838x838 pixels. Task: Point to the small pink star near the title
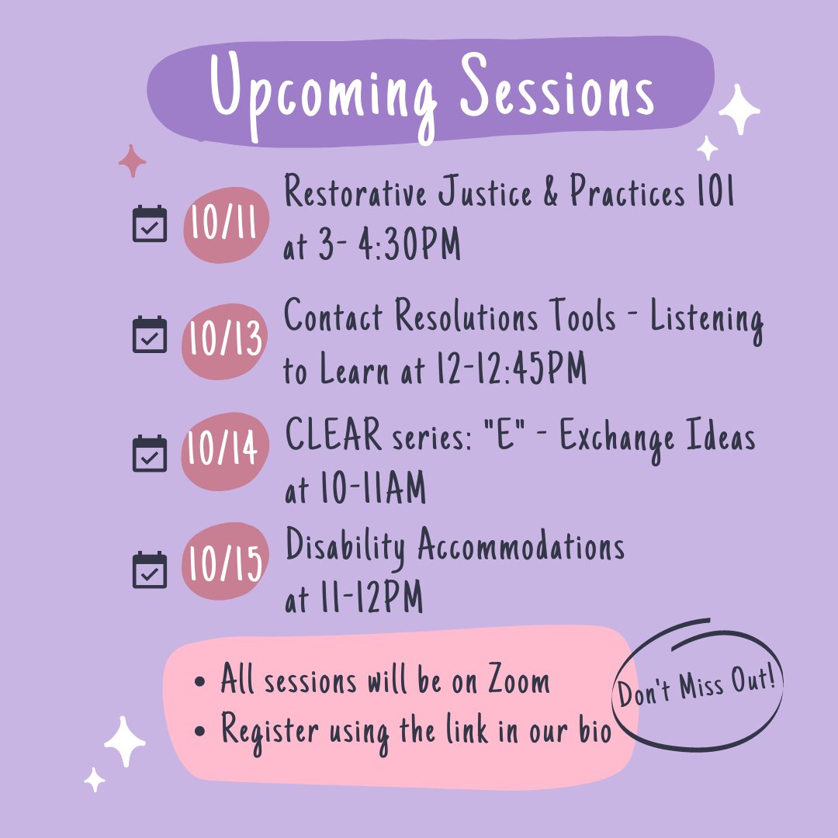(133, 161)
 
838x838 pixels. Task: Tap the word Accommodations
(521, 548)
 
